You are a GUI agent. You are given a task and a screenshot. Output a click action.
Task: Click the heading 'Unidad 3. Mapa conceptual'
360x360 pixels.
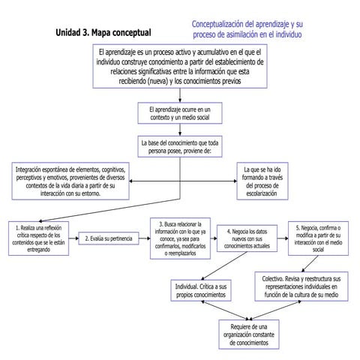point(103,33)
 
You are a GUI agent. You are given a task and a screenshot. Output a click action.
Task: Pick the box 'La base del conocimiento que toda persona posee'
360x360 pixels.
point(180,145)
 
